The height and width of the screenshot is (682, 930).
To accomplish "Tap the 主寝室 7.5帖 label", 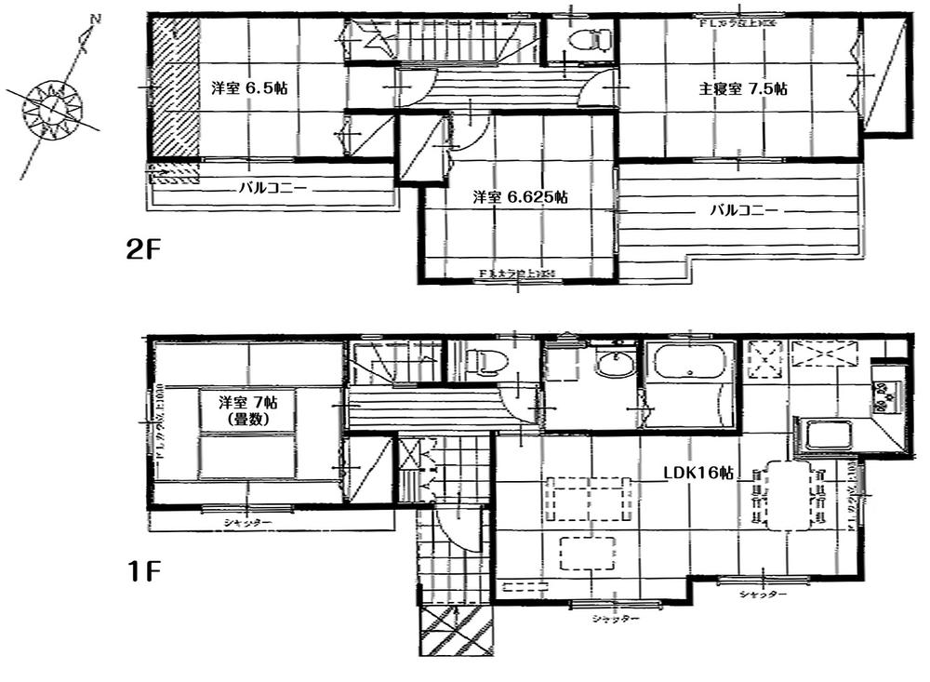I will (x=743, y=89).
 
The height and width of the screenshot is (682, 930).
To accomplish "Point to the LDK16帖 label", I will (x=698, y=473).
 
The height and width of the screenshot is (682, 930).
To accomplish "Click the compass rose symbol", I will (x=52, y=108).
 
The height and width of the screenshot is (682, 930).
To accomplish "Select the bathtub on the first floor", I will (x=689, y=360).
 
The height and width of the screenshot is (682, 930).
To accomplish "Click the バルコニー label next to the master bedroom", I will (x=743, y=210).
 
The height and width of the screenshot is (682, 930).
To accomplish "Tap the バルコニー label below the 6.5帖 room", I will (x=272, y=187).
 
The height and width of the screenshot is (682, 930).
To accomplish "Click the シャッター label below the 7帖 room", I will (x=247, y=523).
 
